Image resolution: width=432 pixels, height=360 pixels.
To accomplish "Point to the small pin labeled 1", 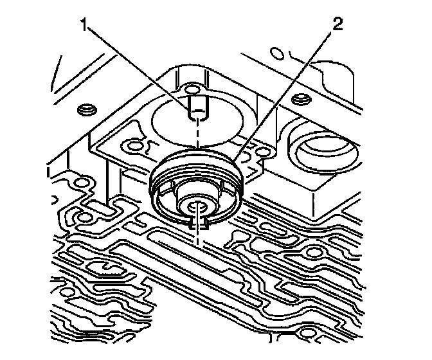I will pos(198,106).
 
